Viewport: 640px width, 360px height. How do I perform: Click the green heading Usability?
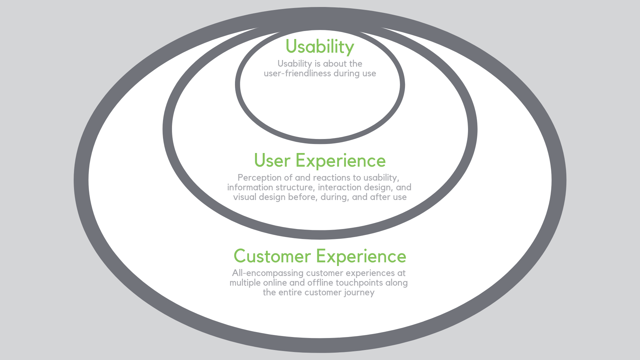(320, 47)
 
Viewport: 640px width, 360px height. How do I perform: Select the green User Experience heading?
(320, 161)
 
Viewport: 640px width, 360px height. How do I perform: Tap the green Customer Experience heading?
(320, 256)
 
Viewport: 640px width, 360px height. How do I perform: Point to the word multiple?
(245, 283)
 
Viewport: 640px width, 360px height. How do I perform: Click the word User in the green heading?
(272, 161)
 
